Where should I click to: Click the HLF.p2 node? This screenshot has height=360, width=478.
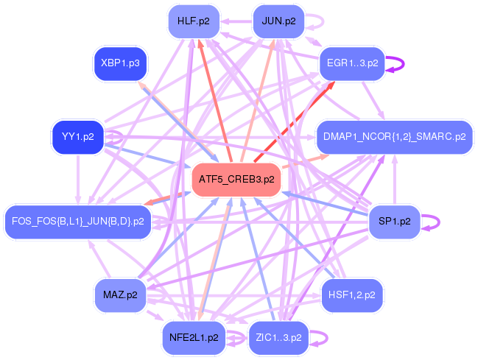[x=194, y=21]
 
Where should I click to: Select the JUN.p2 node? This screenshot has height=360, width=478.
[x=278, y=21]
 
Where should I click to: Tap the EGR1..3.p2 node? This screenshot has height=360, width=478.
[x=352, y=63]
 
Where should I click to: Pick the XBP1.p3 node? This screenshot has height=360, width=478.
[x=120, y=63]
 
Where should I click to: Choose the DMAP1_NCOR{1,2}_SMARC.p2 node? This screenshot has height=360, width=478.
[x=394, y=137]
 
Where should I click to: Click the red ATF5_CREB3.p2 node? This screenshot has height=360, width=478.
[x=236, y=179]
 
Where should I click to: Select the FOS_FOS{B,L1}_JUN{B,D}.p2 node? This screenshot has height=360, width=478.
[x=78, y=221]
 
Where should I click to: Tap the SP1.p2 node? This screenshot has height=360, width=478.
[x=394, y=221]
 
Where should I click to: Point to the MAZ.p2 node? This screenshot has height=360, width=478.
[x=120, y=295]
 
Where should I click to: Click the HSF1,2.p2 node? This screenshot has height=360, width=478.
[x=352, y=295]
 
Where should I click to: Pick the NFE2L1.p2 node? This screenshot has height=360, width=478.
[x=194, y=337]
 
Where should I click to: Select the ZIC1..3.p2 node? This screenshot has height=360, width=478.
[x=278, y=337]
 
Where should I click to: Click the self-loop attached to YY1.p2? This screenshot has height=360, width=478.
[x=116, y=137]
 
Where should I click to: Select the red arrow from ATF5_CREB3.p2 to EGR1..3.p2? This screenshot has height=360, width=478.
[x=294, y=120]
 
